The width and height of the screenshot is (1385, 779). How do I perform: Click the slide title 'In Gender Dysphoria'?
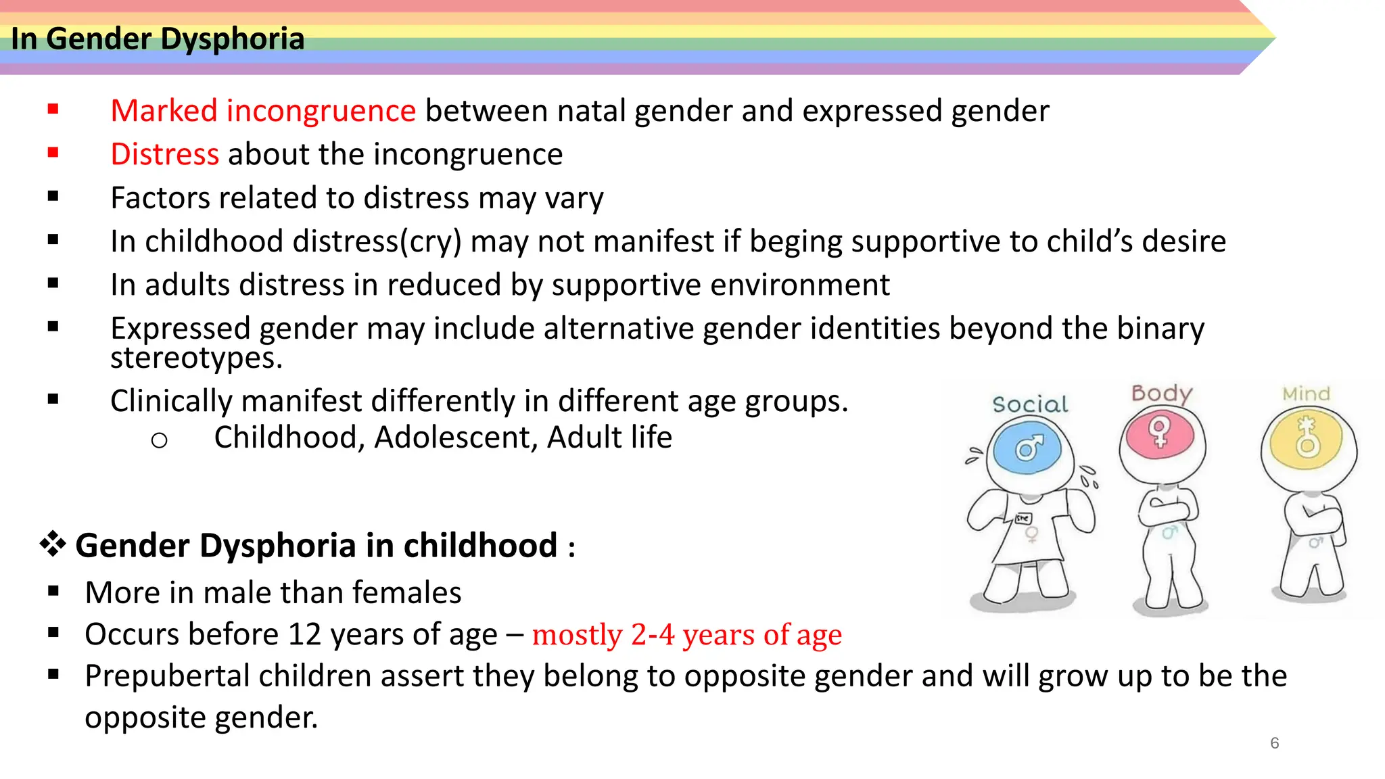coord(158,39)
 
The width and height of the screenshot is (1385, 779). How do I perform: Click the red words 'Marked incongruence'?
coord(263,111)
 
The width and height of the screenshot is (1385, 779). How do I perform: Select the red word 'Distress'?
coord(164,154)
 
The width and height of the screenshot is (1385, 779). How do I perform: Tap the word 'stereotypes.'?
coord(196,358)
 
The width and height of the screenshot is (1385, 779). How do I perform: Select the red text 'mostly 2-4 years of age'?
coord(686,635)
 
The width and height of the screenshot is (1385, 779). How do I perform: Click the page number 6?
coord(1274,743)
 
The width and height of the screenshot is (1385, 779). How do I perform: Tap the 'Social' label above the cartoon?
coord(1030,404)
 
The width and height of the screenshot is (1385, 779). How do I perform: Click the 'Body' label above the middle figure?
coord(1161,394)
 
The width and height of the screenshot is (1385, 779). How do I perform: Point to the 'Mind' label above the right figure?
coord(1306,394)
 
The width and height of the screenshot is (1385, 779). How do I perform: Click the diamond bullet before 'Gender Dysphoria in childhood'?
coord(53,544)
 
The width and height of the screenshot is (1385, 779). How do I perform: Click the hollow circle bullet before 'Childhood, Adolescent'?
coord(159,441)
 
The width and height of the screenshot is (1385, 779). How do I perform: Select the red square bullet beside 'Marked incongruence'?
coord(53,109)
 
